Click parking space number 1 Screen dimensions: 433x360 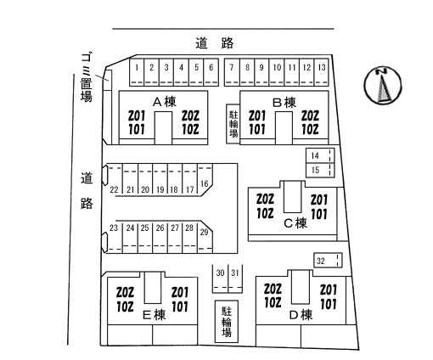point(137,72)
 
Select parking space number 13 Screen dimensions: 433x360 point(322,72)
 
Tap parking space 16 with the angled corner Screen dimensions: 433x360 point(205,179)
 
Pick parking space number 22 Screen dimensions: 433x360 point(114,180)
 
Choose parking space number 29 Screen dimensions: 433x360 point(205,237)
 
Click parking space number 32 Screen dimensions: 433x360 point(328,261)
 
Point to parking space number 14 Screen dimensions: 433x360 point(320,155)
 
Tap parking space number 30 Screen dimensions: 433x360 point(220,278)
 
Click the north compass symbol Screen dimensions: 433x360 point(383,86)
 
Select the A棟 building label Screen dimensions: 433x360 point(165,102)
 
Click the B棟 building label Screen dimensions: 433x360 point(284,102)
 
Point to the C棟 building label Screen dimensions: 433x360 point(295,223)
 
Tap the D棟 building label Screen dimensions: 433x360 point(301,315)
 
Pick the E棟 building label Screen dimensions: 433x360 point(155,315)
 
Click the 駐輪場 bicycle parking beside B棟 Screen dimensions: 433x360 point(233,124)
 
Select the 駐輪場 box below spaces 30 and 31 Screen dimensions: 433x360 point(227,322)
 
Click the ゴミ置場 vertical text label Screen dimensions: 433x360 point(87,76)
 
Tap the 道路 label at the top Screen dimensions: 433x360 point(215,43)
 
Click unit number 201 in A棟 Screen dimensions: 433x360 point(137,115)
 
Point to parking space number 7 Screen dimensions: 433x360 point(232,72)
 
